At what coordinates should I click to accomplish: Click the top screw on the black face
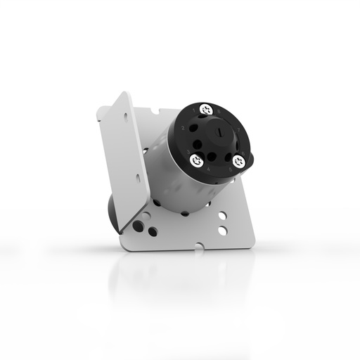[x=206, y=110]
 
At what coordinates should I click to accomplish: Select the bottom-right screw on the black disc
[x=238, y=161]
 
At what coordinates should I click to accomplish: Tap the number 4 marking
[x=207, y=169]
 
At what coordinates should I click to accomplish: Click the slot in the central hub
[x=219, y=131]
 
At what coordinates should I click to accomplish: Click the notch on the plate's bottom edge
[x=202, y=247]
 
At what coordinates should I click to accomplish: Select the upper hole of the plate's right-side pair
[x=222, y=217]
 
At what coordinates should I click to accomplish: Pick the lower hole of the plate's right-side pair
[x=222, y=230]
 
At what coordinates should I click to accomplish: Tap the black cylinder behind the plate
[x=112, y=211]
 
